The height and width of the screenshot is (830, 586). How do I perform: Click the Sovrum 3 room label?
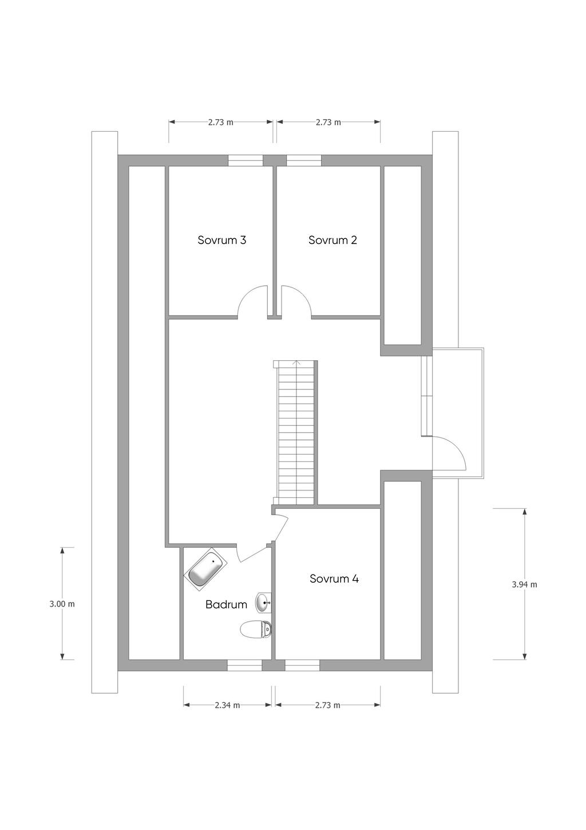tap(221, 240)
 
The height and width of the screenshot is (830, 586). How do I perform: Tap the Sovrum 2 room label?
tap(332, 240)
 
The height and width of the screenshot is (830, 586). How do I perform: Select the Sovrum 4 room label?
tap(334, 579)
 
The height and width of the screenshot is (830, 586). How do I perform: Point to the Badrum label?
tap(226, 604)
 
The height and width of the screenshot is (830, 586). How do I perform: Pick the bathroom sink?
tap(263, 602)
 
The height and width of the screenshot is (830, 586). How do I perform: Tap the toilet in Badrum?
tap(256, 630)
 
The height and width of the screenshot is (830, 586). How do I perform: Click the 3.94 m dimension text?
tap(524, 585)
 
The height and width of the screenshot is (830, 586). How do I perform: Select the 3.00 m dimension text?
tap(62, 604)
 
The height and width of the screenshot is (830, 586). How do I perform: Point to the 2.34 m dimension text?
tap(227, 705)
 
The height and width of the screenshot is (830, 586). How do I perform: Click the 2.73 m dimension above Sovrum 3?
tap(221, 122)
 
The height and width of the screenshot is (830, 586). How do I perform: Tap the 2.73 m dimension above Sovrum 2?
tap(328, 122)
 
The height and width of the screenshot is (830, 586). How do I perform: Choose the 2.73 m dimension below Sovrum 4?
tap(327, 705)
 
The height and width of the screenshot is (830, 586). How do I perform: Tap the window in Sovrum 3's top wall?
tap(245, 160)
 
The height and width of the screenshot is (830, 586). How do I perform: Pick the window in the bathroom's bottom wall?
tap(244, 666)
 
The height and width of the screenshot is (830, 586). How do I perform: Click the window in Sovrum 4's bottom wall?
tap(302, 666)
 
